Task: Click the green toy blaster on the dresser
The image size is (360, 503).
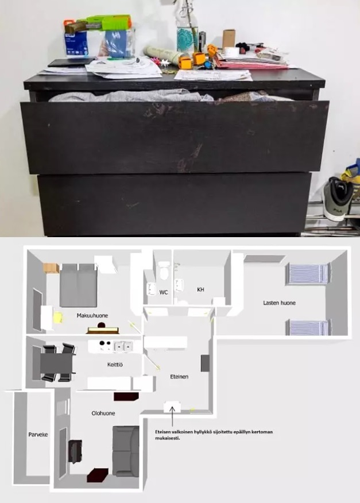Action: coord(98,24)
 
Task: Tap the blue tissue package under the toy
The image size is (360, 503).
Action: coord(76,44)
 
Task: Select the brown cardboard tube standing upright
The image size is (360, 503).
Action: coord(229,39)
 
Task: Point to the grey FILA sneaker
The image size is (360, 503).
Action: coord(338,199)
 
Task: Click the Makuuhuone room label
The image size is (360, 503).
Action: coord(92,316)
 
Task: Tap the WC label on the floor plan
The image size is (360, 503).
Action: coord(163,292)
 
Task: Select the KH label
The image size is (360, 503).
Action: coord(200,289)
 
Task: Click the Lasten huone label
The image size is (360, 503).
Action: coord(279,303)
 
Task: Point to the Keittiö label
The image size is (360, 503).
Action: coord(115,365)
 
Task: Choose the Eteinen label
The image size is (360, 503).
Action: coord(179,377)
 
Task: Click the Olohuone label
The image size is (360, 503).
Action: coord(103,413)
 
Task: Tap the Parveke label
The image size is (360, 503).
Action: coord(38,435)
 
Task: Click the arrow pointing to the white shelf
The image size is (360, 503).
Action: coord(172,416)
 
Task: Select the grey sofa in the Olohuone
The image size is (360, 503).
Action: coord(126,451)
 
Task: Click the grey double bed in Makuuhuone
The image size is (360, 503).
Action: coord(78,285)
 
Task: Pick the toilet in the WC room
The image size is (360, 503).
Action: coord(164,270)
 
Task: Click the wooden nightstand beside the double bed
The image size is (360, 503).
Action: coord(51,268)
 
